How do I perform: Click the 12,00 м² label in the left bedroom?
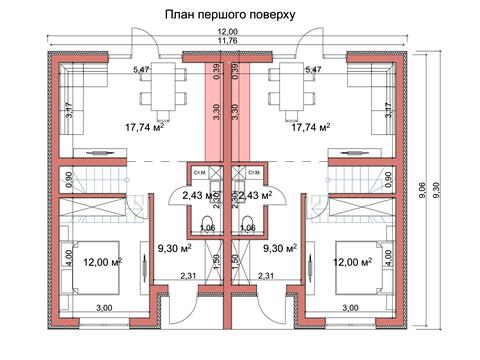pos(102,262)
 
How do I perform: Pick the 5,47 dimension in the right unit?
pos(311,71)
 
